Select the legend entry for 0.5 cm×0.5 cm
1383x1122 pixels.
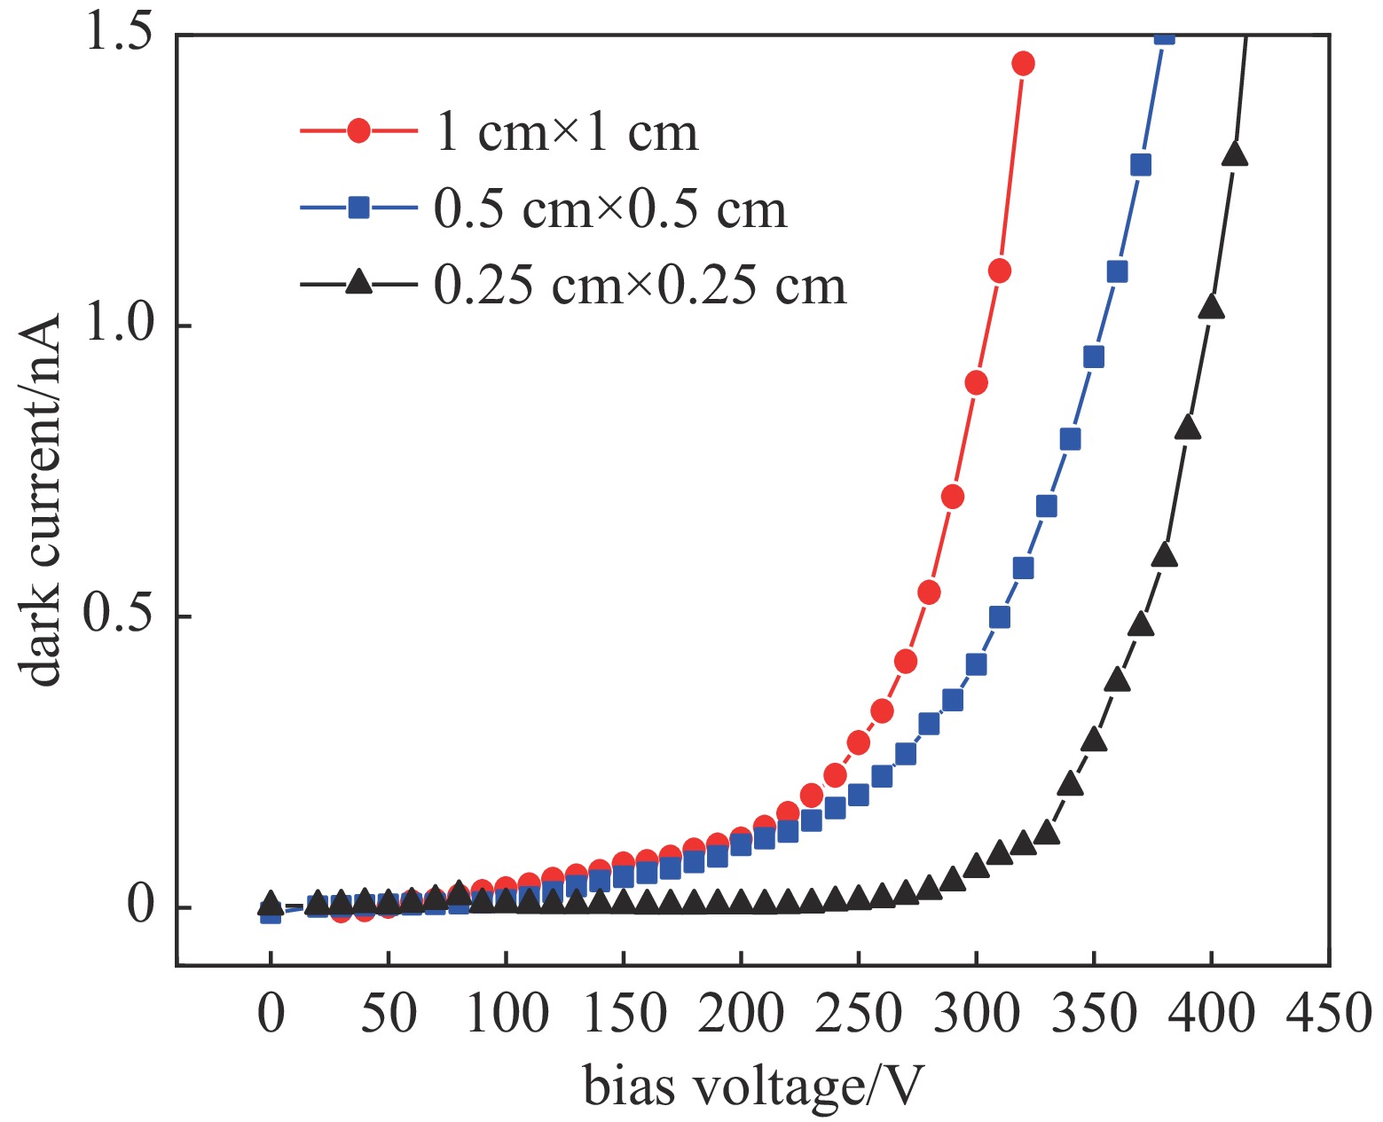tap(610, 209)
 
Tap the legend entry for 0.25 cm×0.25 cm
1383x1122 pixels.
tap(640, 286)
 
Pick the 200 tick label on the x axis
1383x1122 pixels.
tap(740, 1013)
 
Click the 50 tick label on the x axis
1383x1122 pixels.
tap(388, 1013)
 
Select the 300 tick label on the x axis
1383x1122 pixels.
tap(976, 1013)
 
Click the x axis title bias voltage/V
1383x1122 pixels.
tap(753, 1087)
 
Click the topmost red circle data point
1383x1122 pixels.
tap(1023, 63)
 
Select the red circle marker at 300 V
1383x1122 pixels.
tap(976, 382)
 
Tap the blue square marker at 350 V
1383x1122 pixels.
tap(1094, 357)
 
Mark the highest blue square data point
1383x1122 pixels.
tap(1164, 35)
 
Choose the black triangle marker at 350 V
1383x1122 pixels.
tap(1094, 739)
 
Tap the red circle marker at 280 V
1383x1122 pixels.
tap(929, 592)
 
